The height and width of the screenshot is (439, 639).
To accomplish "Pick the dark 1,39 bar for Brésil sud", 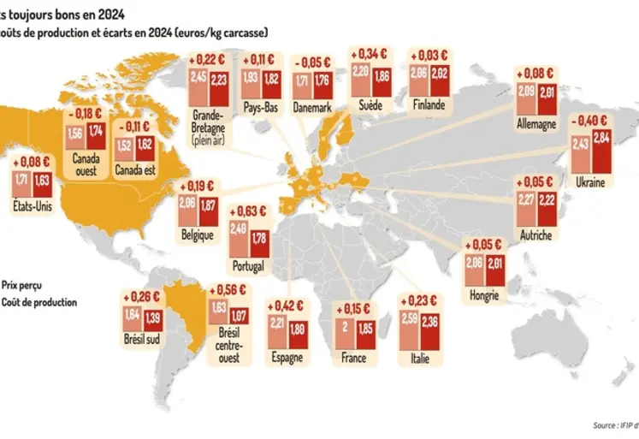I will [x=156, y=323].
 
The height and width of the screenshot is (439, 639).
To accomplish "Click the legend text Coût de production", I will [x=38, y=302].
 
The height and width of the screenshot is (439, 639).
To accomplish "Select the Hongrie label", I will [x=483, y=296].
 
